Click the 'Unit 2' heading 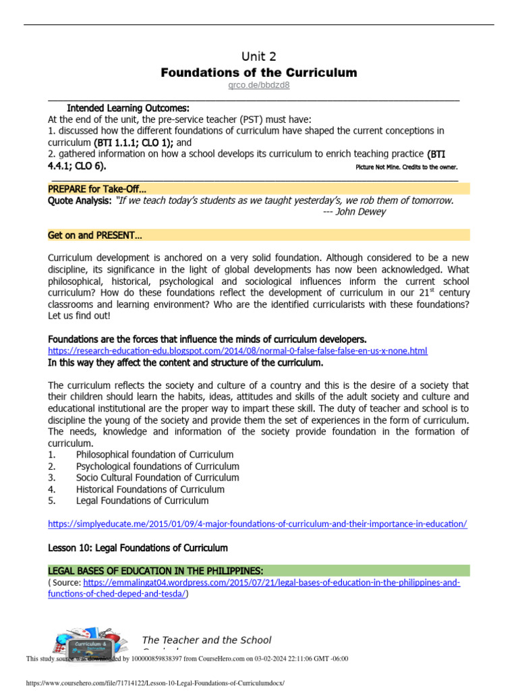[x=258, y=56]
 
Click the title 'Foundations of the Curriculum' [x=258, y=72]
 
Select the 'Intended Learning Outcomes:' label [x=128, y=108]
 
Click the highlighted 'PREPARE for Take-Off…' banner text [x=97, y=189]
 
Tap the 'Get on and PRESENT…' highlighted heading [x=95, y=235]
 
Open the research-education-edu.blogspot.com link [x=237, y=351]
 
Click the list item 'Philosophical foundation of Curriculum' [x=154, y=455]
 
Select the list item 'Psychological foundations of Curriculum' [x=157, y=466]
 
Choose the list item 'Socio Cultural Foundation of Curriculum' [x=157, y=478]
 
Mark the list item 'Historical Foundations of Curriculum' [x=150, y=489]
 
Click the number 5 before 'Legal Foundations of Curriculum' [x=51, y=501]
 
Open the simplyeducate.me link [x=257, y=524]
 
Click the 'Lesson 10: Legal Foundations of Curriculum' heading [x=138, y=547]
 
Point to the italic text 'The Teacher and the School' [x=206, y=640]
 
